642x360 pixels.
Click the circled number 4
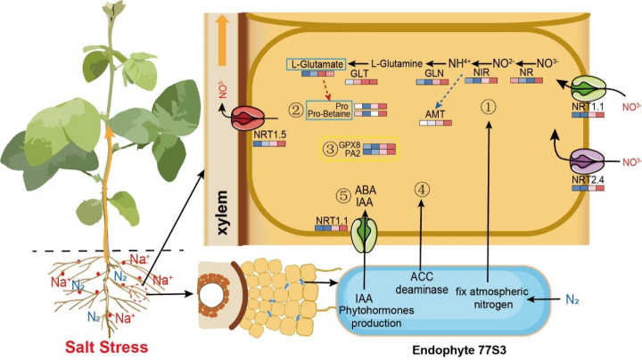tap(422, 190)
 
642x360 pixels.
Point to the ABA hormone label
tap(366, 191)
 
